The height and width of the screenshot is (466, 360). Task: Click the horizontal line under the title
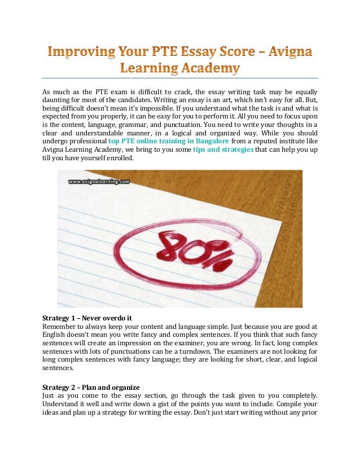(180, 78)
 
